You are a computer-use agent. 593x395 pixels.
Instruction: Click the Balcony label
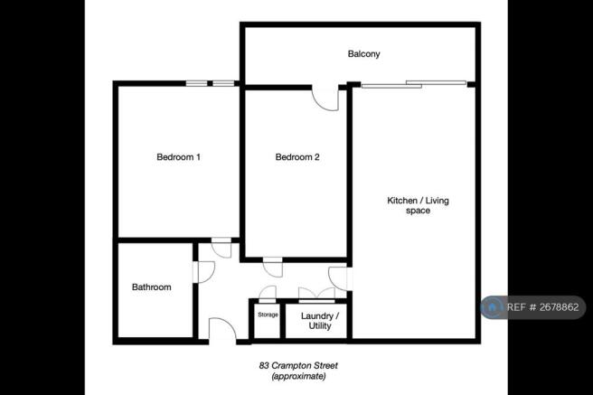click(x=364, y=54)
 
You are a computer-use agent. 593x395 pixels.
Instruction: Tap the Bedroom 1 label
click(x=179, y=157)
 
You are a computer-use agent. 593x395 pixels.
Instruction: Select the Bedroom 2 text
click(x=297, y=157)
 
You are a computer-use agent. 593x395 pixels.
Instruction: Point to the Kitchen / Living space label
click(x=408, y=205)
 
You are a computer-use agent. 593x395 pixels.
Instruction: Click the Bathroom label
click(x=152, y=287)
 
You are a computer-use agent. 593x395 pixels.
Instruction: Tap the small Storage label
click(x=268, y=315)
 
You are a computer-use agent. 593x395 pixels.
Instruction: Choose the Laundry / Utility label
click(x=320, y=320)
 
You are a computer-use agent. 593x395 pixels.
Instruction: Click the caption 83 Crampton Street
click(x=298, y=366)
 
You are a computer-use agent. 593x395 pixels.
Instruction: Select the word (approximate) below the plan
click(x=298, y=377)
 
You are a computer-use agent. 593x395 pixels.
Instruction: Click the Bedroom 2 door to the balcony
click(x=325, y=97)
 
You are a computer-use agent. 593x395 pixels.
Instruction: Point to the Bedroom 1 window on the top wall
click(x=210, y=84)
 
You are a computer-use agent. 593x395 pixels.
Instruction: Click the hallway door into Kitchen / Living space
click(x=339, y=279)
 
